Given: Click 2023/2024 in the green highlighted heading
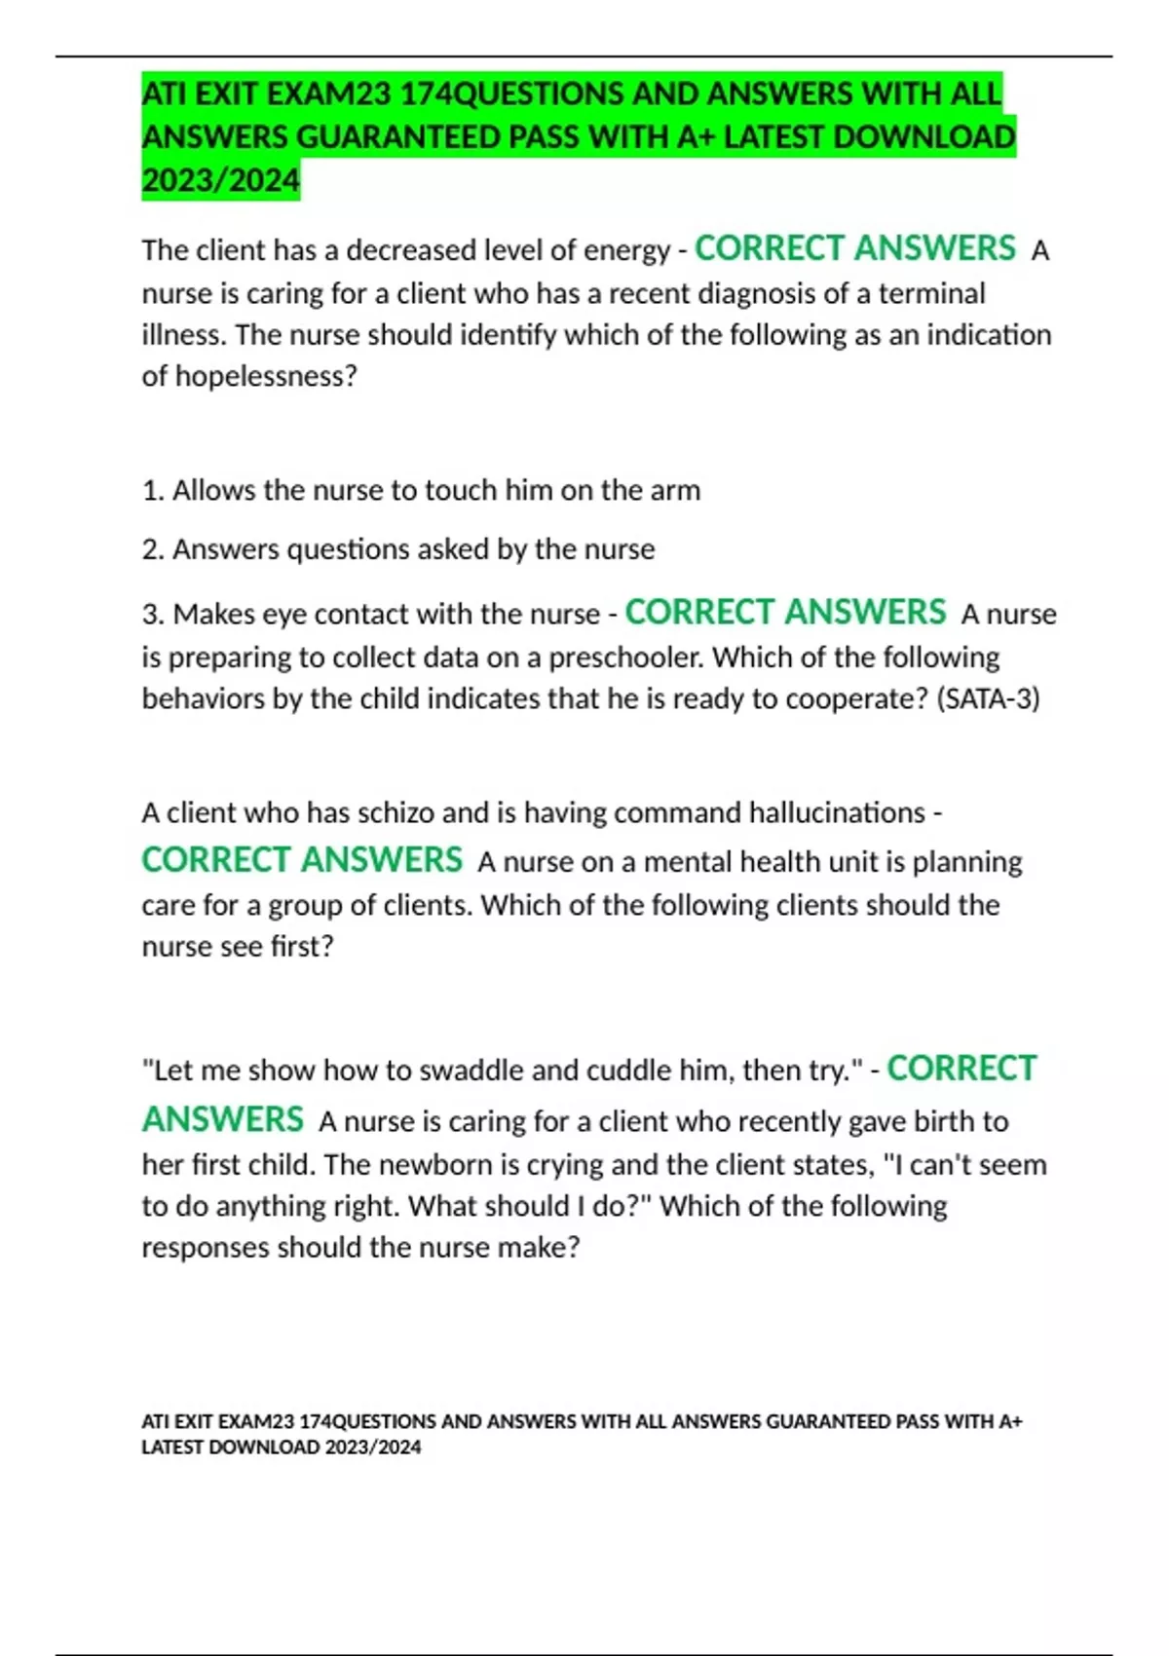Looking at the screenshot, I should click(x=220, y=180).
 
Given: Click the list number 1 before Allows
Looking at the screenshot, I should click(x=151, y=490).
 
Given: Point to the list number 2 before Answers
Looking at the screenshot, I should click(x=151, y=549).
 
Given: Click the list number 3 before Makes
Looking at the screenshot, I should click(x=151, y=615).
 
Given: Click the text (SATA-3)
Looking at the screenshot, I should click(x=988, y=698).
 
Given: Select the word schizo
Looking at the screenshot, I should click(x=393, y=812).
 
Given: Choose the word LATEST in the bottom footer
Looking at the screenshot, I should click(x=172, y=1448).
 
